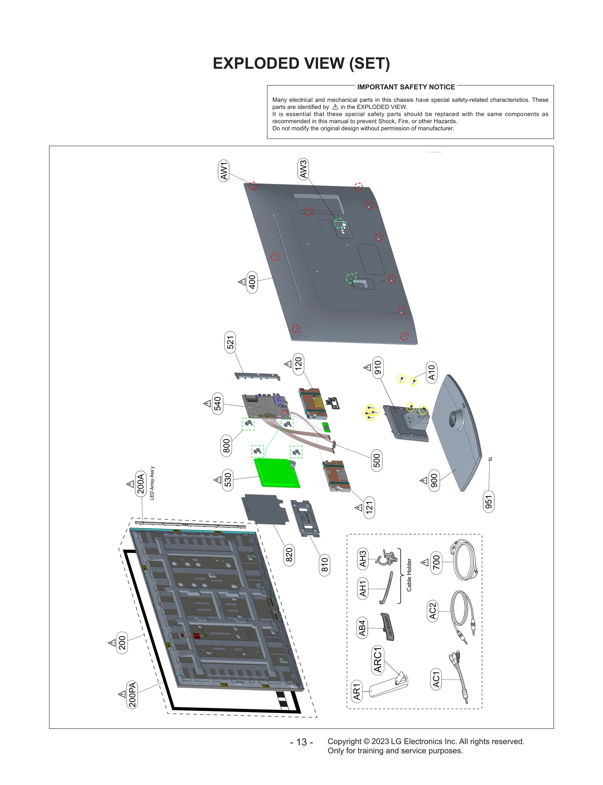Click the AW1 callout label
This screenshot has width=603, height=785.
(x=224, y=170)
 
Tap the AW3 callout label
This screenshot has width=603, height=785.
(x=303, y=169)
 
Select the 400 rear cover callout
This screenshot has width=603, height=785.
(x=252, y=282)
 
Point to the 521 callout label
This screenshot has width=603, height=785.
(x=230, y=342)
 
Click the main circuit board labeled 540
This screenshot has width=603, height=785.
(x=266, y=407)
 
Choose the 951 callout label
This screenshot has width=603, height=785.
(x=488, y=502)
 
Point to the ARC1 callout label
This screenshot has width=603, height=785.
(x=378, y=660)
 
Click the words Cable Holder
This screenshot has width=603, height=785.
(x=409, y=575)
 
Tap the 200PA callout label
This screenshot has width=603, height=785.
(x=132, y=695)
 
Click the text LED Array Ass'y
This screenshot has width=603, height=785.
(x=152, y=483)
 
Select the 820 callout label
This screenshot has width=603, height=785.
(x=289, y=554)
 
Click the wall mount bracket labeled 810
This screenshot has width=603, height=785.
(x=305, y=518)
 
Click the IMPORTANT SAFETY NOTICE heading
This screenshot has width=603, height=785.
(x=406, y=87)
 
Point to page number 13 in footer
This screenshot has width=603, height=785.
(x=301, y=742)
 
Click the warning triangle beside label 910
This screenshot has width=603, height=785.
(x=367, y=367)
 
